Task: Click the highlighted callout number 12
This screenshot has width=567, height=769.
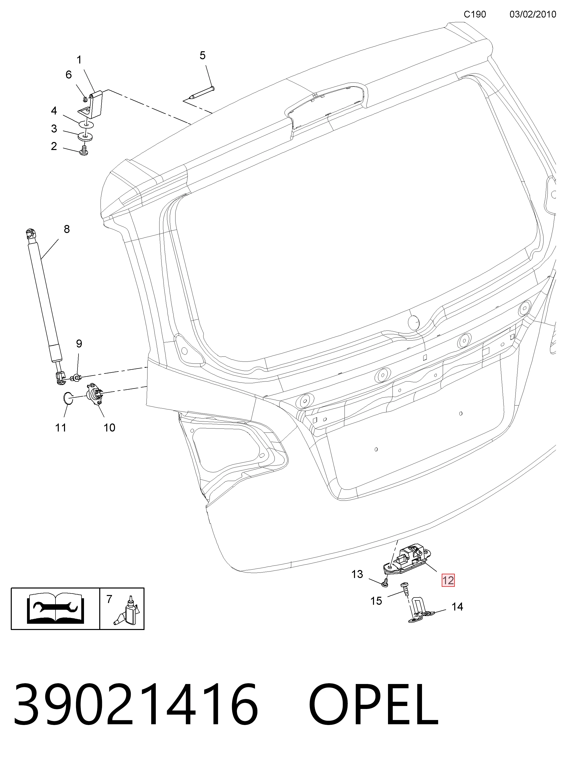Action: [448, 580]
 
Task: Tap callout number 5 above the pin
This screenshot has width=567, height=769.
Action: [202, 55]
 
